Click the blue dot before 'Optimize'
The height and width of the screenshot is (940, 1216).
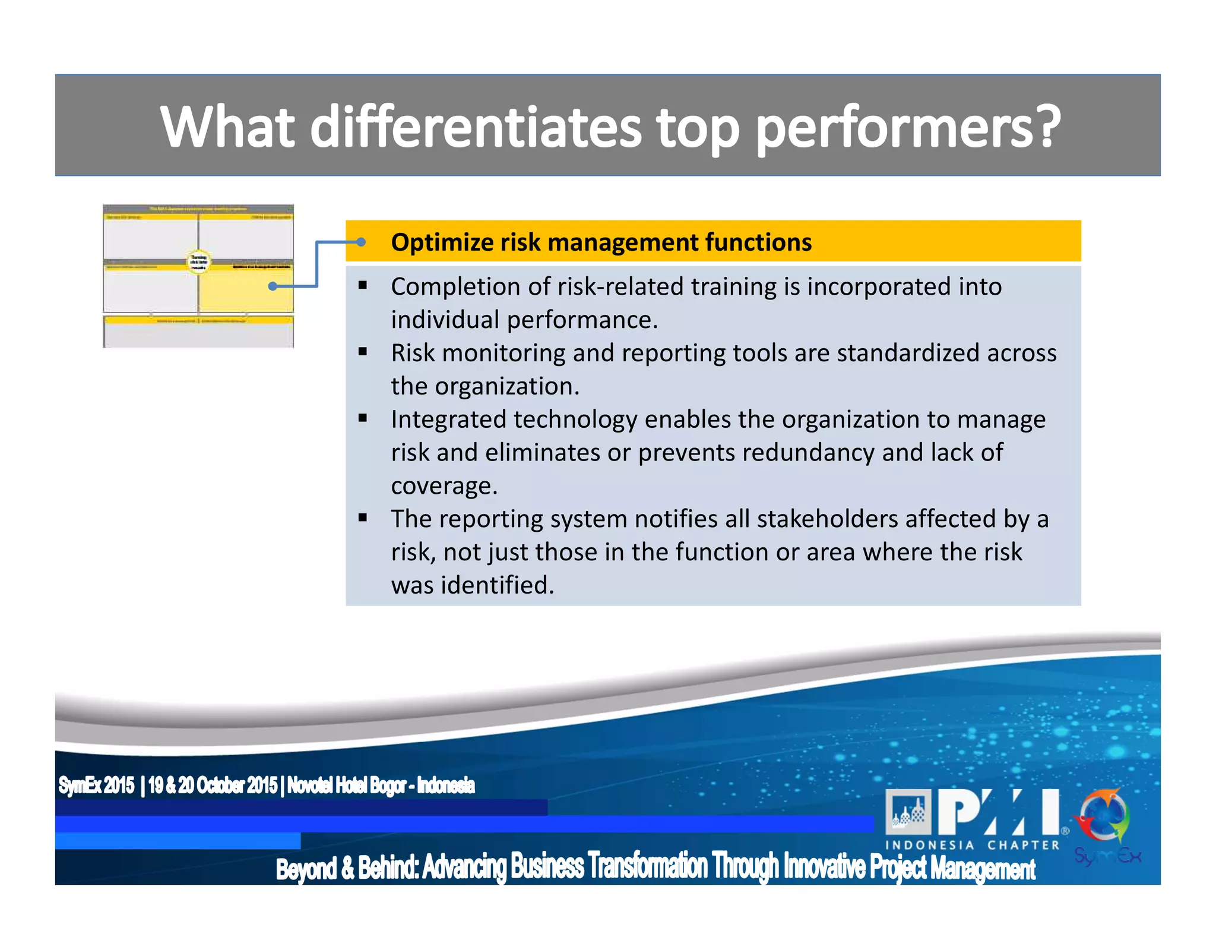click(x=360, y=242)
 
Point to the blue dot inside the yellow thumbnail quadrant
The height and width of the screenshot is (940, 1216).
click(x=273, y=286)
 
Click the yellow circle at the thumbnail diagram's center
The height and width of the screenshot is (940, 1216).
click(x=198, y=262)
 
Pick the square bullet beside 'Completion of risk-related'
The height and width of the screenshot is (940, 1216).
click(x=363, y=285)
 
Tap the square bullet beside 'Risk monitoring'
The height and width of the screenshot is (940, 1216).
click(x=363, y=352)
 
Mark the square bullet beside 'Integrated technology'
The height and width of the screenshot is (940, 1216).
click(x=363, y=418)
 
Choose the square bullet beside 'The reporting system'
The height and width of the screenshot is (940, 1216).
click(x=363, y=518)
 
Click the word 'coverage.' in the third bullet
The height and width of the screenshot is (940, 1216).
click(x=444, y=486)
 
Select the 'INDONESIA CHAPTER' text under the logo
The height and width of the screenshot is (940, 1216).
click(x=972, y=845)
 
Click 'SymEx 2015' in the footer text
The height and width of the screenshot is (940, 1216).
click(x=96, y=786)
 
